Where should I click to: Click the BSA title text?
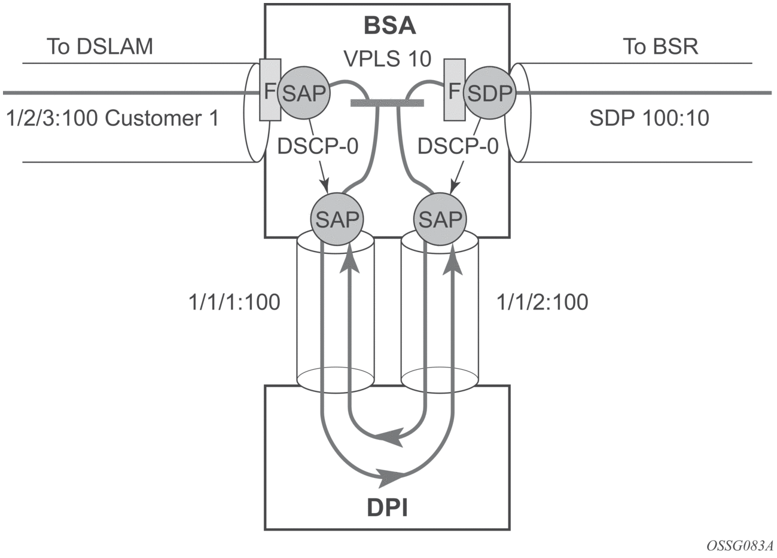(x=389, y=27)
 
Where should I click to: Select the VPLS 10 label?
(x=388, y=59)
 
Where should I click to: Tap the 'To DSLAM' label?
(x=100, y=47)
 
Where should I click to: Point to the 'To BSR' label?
(x=660, y=47)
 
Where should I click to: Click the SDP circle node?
(x=489, y=93)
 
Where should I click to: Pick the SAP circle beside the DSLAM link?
(x=304, y=93)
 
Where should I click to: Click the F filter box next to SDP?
(x=454, y=91)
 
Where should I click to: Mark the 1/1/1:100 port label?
(x=234, y=302)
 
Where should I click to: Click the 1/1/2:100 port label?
(x=543, y=302)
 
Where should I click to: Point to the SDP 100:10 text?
(x=649, y=118)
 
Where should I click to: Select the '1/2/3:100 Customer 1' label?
(x=111, y=118)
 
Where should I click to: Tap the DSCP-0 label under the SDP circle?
(x=458, y=146)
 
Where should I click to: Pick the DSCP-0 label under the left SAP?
(x=318, y=146)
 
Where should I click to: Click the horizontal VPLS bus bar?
(x=387, y=103)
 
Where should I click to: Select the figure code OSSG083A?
(x=739, y=547)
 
